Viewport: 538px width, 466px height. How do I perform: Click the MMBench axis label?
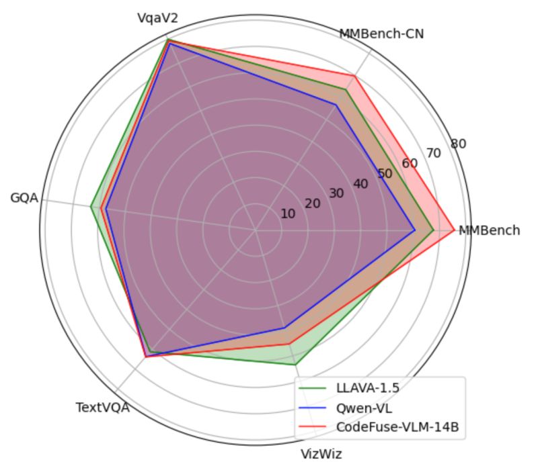489,230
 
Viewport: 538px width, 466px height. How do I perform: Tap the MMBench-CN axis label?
381,34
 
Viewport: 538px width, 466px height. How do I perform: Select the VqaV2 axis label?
157,18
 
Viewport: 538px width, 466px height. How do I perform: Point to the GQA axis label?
24,198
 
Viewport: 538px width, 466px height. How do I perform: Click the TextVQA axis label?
103,407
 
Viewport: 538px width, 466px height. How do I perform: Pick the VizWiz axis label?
321,454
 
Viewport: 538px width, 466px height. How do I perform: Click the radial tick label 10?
288,214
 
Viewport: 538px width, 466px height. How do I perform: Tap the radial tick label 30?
336,193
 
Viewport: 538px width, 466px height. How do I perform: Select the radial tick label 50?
385,173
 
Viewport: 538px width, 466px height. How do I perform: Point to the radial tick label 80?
459,143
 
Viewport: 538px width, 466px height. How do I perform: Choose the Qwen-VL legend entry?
355,408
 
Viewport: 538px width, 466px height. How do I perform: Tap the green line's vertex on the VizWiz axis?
296,365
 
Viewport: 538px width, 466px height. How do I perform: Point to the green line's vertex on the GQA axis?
91,206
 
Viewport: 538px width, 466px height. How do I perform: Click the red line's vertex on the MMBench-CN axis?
353,75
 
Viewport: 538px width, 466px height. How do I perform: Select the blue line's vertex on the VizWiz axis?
284,328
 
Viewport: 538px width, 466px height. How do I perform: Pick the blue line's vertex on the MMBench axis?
415,230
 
